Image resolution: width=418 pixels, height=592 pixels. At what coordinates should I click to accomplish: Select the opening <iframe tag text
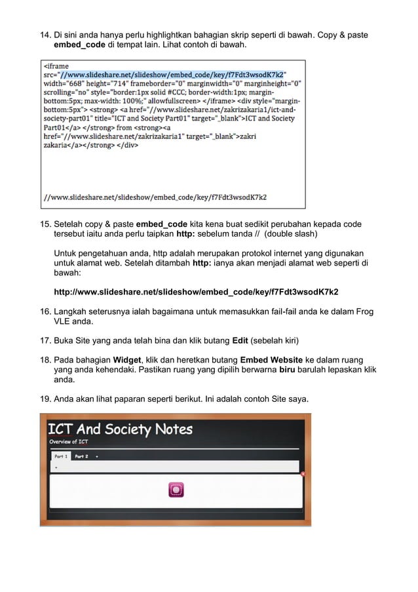pos(56,66)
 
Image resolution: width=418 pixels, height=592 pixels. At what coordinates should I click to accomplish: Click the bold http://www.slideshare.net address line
pos(196,292)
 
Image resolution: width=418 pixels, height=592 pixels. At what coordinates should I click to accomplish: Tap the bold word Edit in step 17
pos(242,341)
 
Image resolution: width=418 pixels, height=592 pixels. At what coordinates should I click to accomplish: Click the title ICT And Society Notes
pos(120,429)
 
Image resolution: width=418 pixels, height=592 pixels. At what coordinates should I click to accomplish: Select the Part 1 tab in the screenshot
pos(60,456)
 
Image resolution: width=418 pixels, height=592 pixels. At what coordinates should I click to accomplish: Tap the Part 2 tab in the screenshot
pos(81,456)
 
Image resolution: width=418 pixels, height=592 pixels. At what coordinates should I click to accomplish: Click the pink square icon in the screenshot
pos(176,489)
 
